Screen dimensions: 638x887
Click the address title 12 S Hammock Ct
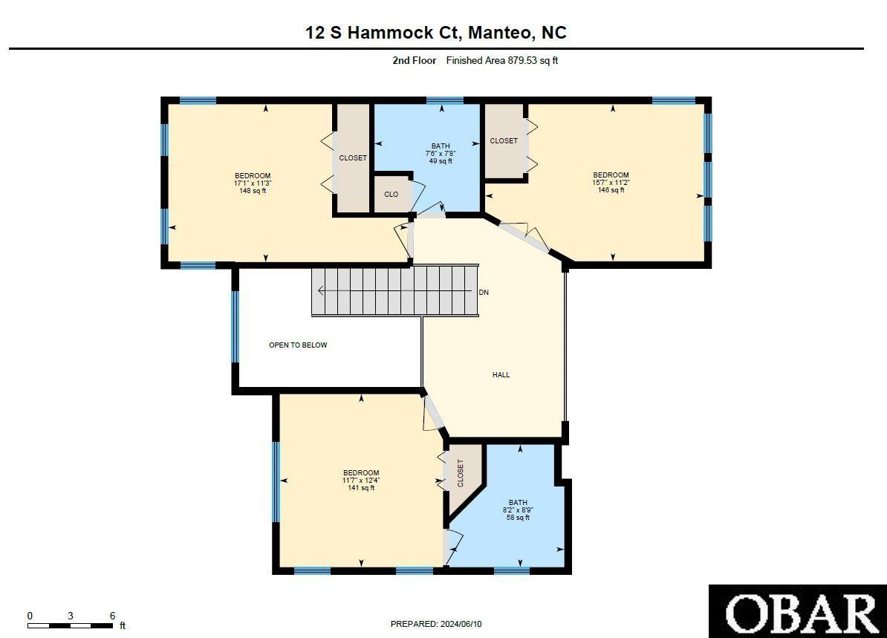(x=436, y=33)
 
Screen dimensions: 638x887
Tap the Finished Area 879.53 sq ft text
(x=501, y=61)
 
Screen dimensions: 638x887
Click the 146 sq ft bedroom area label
(x=611, y=190)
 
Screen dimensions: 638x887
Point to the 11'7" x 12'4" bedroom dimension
(x=361, y=481)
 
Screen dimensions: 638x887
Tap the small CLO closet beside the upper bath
(x=391, y=195)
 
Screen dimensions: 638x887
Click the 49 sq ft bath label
(x=441, y=161)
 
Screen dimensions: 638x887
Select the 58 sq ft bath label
(x=518, y=518)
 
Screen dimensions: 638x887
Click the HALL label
(x=501, y=375)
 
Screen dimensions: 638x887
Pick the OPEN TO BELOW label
(x=298, y=345)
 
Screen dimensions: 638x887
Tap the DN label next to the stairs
(x=484, y=293)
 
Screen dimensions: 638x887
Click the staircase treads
(x=394, y=290)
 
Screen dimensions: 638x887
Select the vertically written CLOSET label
(x=461, y=473)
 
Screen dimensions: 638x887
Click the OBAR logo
(x=797, y=611)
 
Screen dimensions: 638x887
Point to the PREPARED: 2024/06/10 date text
(x=441, y=625)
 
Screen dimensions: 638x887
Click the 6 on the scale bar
(x=112, y=616)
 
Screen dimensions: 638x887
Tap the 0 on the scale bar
(x=30, y=616)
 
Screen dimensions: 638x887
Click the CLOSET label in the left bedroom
(x=353, y=158)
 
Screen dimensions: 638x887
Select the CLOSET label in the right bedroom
(x=504, y=141)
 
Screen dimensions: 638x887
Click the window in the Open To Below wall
(x=235, y=326)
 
